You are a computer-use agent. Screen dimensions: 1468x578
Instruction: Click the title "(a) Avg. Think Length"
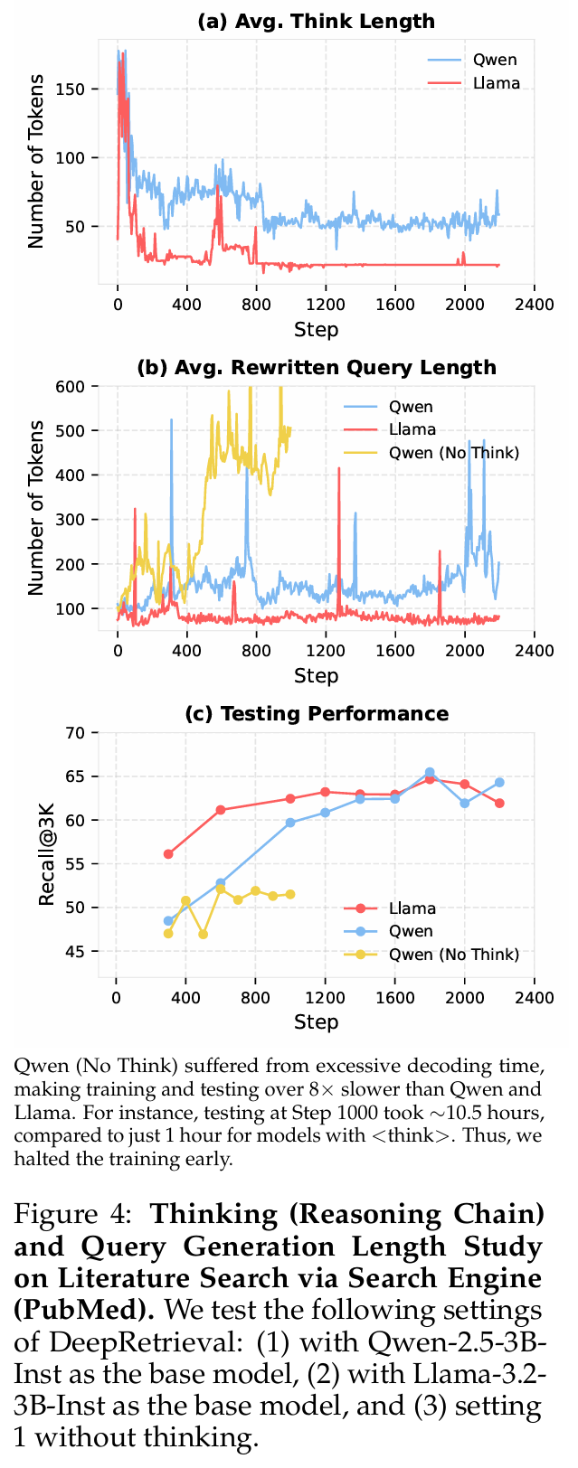(x=316, y=21)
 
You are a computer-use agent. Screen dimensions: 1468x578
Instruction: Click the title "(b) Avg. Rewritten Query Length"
(x=316, y=367)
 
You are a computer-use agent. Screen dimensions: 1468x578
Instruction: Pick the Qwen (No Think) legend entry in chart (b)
(x=453, y=453)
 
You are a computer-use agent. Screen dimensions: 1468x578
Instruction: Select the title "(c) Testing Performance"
(x=316, y=713)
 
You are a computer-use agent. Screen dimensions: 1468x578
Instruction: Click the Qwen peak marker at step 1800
(x=430, y=773)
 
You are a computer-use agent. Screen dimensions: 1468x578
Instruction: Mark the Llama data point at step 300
(x=168, y=853)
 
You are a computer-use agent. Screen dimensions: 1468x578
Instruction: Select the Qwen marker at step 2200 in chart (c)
(x=499, y=782)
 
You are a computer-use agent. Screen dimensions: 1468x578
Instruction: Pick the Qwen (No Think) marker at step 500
(x=203, y=934)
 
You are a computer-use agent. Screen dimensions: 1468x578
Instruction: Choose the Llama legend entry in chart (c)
(x=412, y=908)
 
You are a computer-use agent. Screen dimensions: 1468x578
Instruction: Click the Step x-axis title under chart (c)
(x=316, y=1021)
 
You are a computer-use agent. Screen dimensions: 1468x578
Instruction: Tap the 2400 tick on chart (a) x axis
(x=534, y=306)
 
